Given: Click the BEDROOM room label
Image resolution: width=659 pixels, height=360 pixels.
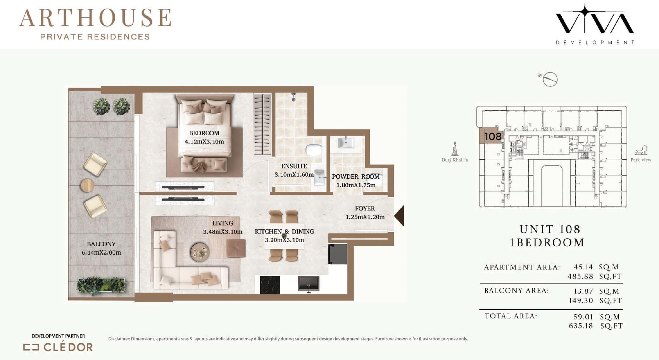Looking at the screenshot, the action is point(204,133).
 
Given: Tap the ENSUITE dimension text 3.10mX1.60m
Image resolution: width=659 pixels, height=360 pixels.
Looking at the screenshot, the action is point(294,175).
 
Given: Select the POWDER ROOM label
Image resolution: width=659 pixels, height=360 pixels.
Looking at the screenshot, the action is point(356,177).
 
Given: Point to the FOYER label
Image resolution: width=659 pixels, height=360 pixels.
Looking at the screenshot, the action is point(365,208).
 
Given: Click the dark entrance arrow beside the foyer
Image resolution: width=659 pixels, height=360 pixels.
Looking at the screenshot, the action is point(400,216).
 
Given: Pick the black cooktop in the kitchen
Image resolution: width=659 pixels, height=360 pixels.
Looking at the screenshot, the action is point(270,285).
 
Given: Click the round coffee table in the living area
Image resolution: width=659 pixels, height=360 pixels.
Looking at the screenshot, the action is point(200,252).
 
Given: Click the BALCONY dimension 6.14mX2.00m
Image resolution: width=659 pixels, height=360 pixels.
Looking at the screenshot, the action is point(101,253).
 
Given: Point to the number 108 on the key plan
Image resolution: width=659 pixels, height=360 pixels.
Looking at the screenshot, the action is point(493,136).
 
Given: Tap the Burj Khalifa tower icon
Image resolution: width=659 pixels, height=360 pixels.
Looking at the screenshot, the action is point(455,148).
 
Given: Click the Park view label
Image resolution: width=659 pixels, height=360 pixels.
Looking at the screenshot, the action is point(641,160).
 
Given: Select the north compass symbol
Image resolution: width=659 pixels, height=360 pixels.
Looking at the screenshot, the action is point(549,79).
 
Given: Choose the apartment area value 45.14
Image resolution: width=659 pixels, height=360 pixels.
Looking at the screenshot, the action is point(583,267).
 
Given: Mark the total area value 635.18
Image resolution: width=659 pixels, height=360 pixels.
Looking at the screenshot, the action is point(581,326).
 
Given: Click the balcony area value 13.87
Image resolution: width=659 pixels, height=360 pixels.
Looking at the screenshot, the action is point(583,291).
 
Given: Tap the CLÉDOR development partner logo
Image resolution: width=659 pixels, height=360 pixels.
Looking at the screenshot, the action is point(58,347).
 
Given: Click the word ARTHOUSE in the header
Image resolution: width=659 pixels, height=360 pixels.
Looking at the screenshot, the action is point(95,18).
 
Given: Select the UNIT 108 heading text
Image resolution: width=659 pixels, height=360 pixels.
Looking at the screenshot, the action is point(550,229).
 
